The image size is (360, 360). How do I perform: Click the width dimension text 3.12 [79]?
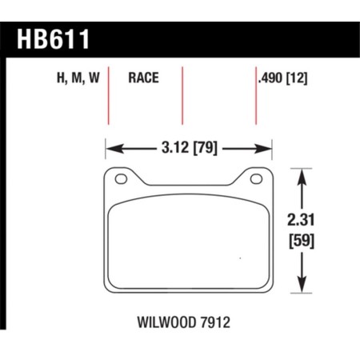click(x=189, y=147)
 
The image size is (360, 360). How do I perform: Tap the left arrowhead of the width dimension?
click(x=112, y=147)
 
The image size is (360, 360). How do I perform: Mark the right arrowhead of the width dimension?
click(x=268, y=147)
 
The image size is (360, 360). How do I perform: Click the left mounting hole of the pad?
click(x=121, y=179)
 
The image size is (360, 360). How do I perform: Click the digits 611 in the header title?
click(x=68, y=40)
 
